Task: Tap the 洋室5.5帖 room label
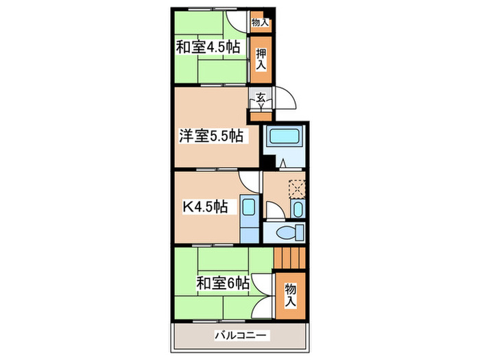(211, 135)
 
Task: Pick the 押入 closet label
(261, 58)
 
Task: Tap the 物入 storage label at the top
(261, 23)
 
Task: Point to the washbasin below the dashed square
(298, 208)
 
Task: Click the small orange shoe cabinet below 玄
(261, 115)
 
